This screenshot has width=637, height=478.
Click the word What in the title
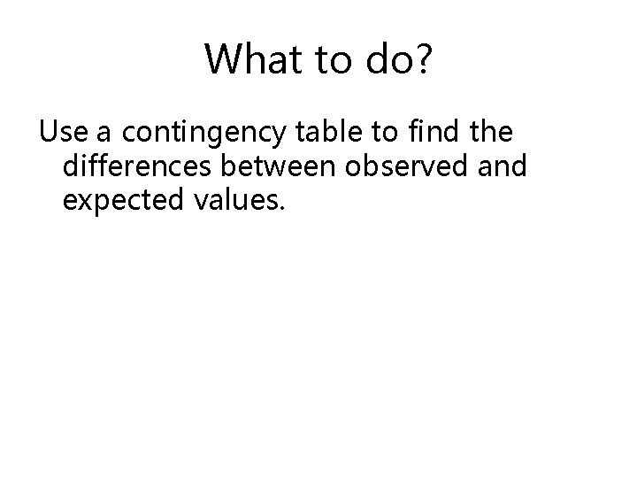point(251,58)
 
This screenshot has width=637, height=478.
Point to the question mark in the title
point(423,58)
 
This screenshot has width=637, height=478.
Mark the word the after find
point(487,134)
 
